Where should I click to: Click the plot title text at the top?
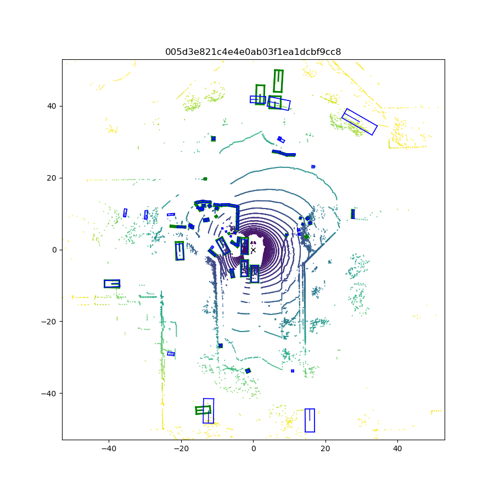coord(253,52)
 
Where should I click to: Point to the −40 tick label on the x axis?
coord(109,448)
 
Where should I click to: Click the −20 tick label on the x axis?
coord(181,448)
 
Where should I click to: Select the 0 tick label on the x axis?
coord(253,448)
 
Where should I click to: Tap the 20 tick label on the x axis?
coord(325,448)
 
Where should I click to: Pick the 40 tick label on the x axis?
coord(397,448)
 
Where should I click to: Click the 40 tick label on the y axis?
coord(52,106)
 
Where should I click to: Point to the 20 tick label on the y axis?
coord(52,178)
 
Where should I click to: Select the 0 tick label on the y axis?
coord(54,250)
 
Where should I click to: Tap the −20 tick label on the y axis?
coord(49,322)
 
